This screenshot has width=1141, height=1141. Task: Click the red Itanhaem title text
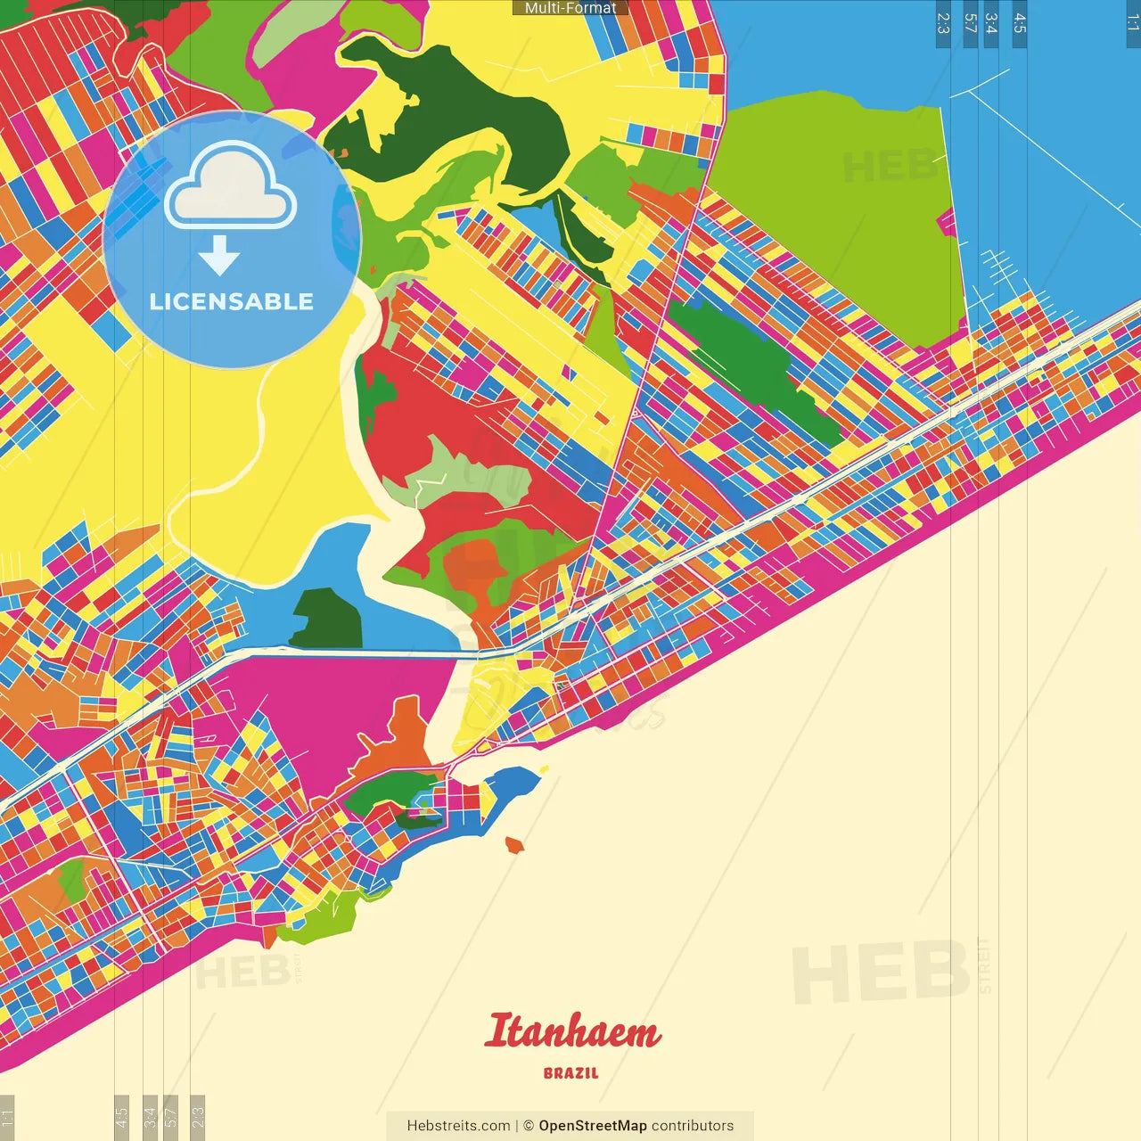[x=573, y=1031]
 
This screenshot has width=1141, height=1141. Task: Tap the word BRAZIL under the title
[x=571, y=1073]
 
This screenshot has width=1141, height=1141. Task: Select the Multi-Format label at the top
[x=570, y=8]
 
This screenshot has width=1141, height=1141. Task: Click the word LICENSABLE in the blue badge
[x=232, y=301]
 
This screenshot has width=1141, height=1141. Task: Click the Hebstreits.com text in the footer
[x=458, y=1126]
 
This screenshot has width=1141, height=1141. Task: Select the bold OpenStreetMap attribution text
[x=592, y=1126]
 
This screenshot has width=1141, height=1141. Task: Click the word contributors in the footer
[x=693, y=1126]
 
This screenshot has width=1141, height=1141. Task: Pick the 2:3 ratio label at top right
[x=943, y=23]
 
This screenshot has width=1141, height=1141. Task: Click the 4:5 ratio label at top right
[x=1020, y=23]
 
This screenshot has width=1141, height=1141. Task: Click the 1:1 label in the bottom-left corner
[x=7, y=1116]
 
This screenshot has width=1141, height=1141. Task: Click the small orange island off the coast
[x=513, y=844]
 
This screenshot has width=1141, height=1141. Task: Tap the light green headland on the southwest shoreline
[x=312, y=923]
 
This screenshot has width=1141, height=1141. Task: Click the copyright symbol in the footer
[x=529, y=1126]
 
